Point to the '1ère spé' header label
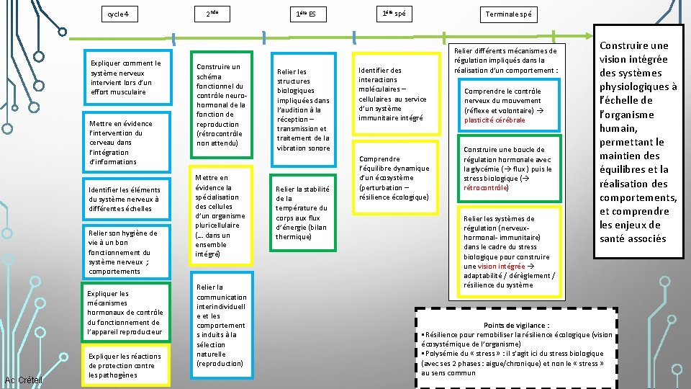pos(398,14)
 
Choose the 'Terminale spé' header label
pos(509,14)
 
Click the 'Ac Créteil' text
pos(24,380)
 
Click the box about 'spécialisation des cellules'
pos(221,216)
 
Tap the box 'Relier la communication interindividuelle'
pos(221,326)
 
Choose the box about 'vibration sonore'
pos(303,109)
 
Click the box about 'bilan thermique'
pos(303,213)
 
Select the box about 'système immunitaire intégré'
pos(393,94)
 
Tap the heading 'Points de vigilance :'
pos(517,326)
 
